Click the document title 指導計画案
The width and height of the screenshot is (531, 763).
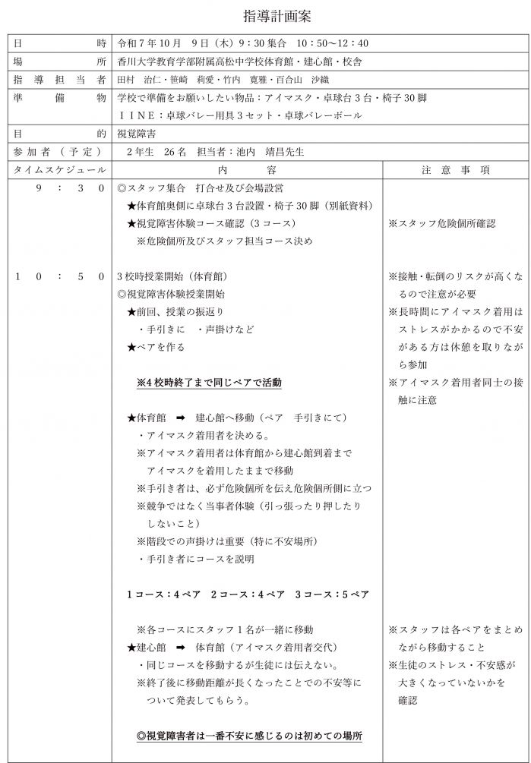point(266,15)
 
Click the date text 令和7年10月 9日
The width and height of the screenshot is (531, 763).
point(164,43)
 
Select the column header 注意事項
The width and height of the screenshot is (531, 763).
point(455,169)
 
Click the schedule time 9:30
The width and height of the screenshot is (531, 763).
point(69,188)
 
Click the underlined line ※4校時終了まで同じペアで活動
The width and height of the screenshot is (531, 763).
point(209,383)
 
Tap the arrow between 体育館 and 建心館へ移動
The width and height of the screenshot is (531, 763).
point(181,418)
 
